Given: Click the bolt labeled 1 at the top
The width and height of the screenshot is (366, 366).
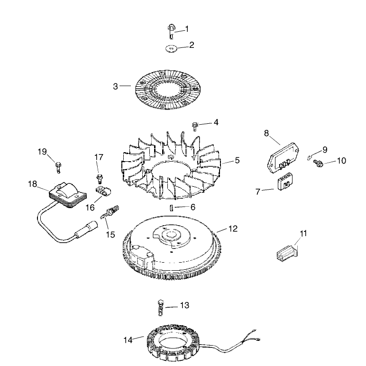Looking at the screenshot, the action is (x=171, y=32).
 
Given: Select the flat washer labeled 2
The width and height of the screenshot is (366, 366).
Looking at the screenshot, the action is (x=171, y=48).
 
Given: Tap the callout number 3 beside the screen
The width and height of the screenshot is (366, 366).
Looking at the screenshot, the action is (x=115, y=86).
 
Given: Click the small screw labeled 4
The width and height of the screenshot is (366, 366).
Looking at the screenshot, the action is (x=195, y=127).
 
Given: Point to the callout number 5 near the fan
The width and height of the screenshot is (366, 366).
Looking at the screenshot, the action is (x=237, y=160).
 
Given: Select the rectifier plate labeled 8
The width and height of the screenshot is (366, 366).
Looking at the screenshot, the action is (x=283, y=158).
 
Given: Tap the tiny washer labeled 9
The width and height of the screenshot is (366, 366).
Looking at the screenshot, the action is (x=309, y=158).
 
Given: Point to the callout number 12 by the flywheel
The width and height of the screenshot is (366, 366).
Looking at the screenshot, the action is (x=233, y=229).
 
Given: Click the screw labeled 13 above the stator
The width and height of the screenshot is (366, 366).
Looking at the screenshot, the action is (x=161, y=308).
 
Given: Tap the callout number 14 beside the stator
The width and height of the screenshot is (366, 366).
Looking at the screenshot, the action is (x=128, y=340).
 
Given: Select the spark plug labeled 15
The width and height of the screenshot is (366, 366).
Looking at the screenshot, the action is (x=110, y=212).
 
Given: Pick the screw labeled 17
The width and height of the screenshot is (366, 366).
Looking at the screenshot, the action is (x=100, y=179).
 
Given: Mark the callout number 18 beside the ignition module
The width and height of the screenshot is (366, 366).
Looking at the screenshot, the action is (x=32, y=184).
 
